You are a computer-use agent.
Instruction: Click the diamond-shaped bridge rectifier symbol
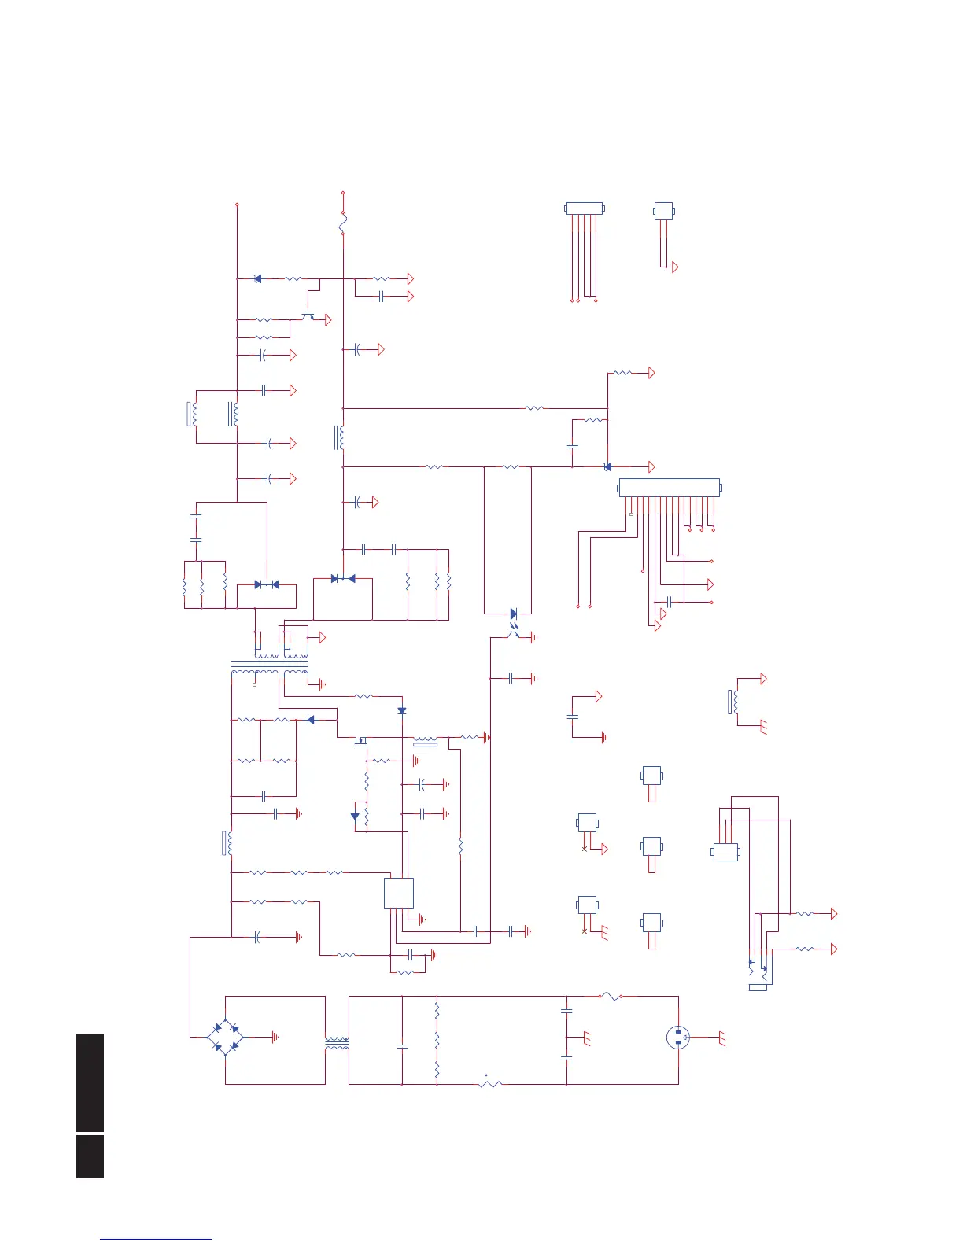click(226, 1038)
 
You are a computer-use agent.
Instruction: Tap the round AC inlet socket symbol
click(677, 1038)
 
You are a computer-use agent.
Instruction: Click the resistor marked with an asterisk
click(490, 1084)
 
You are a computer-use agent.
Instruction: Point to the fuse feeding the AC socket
click(610, 997)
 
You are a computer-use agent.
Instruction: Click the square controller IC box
click(399, 893)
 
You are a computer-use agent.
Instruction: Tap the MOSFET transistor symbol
click(361, 740)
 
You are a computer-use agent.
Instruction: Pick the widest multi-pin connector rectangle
click(669, 488)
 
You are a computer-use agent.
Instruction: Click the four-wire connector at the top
click(585, 208)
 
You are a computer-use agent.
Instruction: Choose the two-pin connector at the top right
click(664, 211)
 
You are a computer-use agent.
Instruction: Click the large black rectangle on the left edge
click(90, 1082)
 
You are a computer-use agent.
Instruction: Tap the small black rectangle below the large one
click(90, 1156)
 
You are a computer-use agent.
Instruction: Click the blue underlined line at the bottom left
click(156, 1239)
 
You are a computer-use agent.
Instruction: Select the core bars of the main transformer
click(269, 665)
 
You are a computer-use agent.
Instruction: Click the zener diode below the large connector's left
click(607, 467)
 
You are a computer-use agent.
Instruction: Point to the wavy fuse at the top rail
click(343, 223)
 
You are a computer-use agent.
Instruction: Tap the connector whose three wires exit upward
click(725, 852)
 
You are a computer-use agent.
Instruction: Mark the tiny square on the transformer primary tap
click(254, 684)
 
